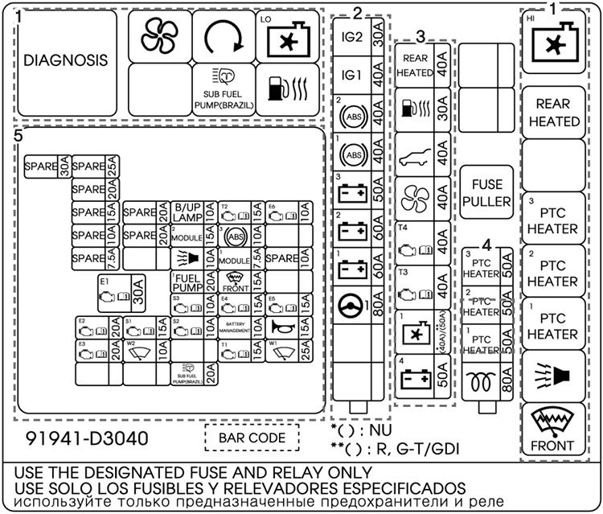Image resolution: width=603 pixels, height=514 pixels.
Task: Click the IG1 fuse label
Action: (x=351, y=74)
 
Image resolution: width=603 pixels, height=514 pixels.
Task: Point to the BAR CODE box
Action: (x=252, y=438)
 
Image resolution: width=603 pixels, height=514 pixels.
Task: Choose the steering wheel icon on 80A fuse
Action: (x=352, y=306)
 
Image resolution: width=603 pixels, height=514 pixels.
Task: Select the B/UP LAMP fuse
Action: (x=187, y=212)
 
